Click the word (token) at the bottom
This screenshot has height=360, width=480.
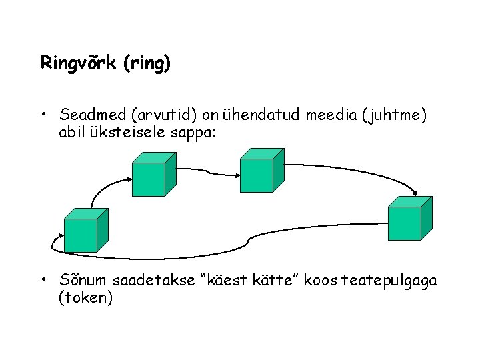click(86, 298)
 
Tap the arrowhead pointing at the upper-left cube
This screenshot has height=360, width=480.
click(128, 177)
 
